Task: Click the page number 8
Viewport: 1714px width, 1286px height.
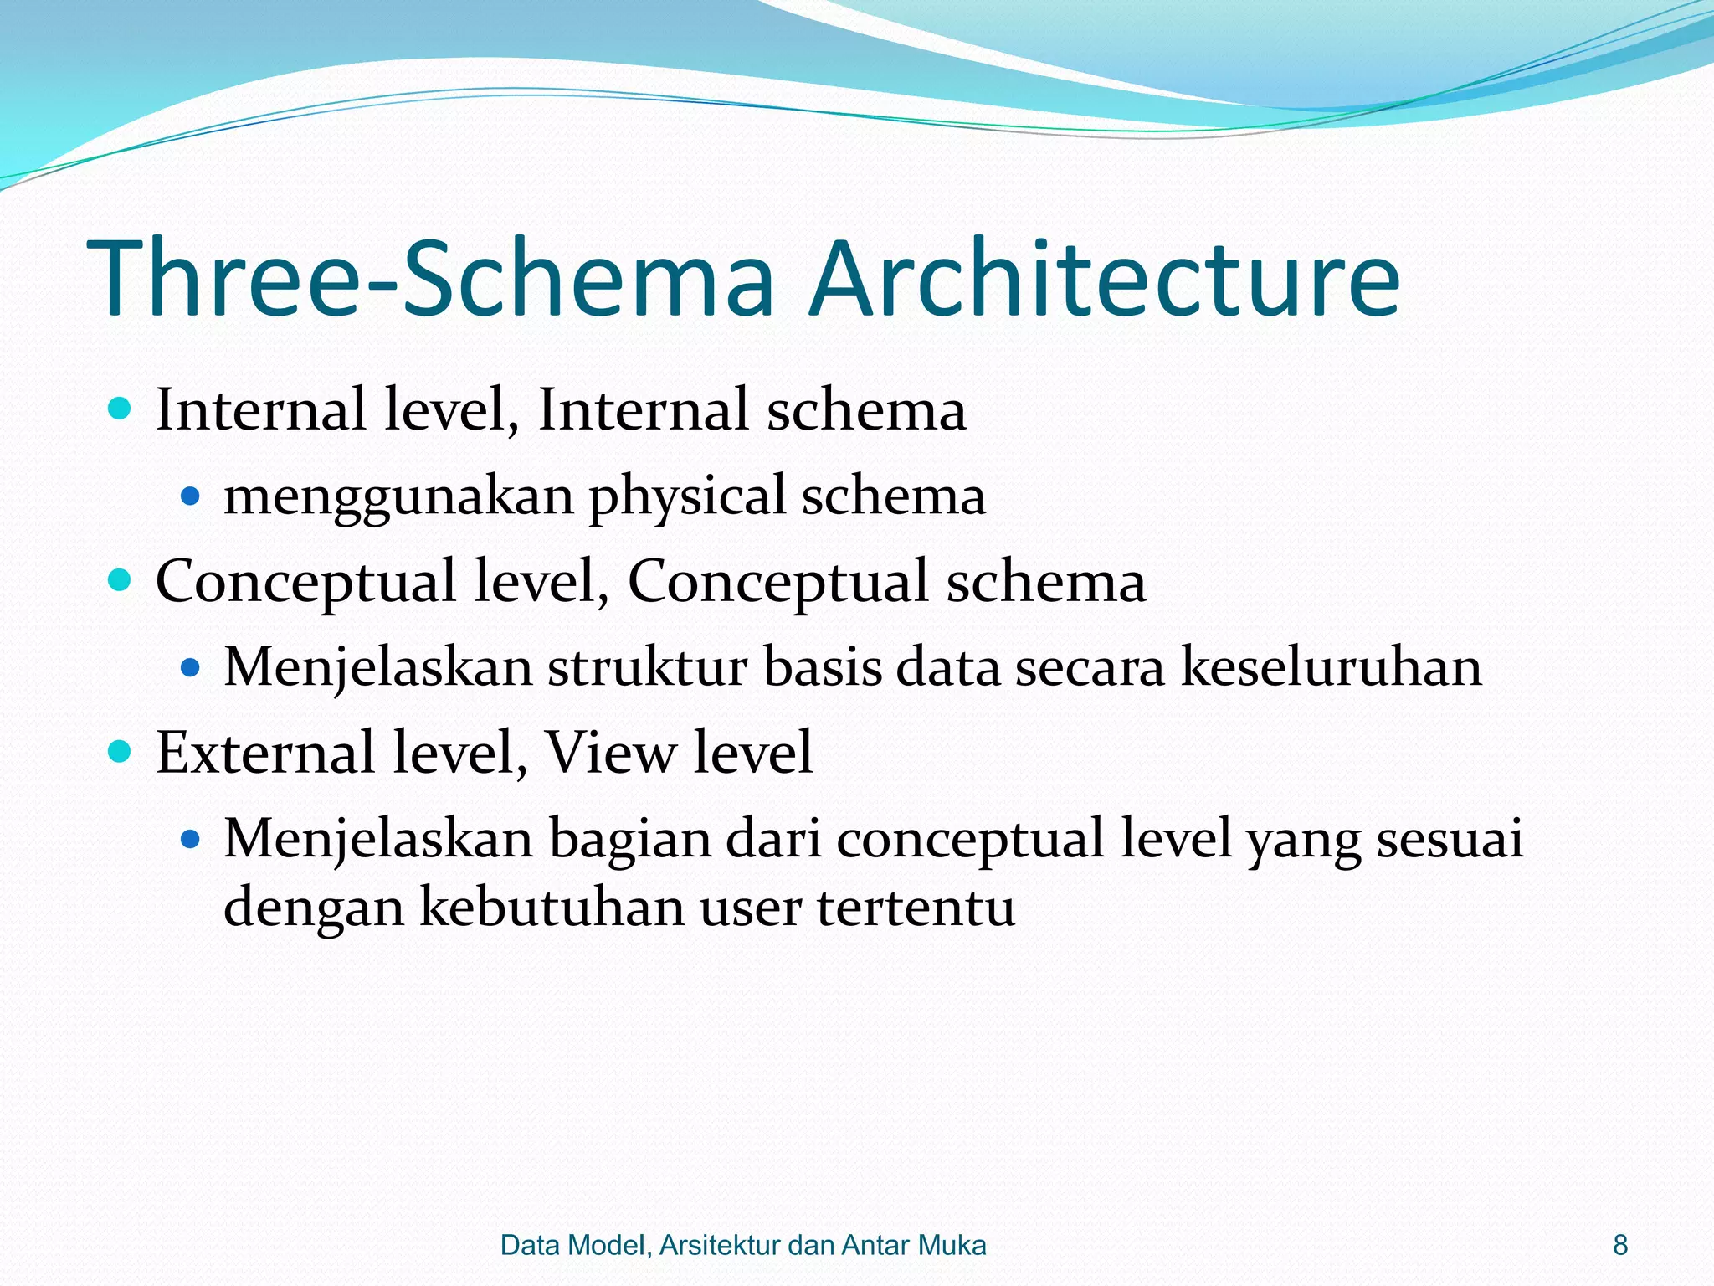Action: pyautogui.click(x=1620, y=1245)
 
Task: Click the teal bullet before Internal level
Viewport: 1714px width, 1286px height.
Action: pyautogui.click(x=121, y=409)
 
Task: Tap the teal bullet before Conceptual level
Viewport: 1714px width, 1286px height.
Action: pyautogui.click(x=121, y=580)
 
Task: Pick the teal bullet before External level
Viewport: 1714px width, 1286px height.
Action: pyautogui.click(x=121, y=751)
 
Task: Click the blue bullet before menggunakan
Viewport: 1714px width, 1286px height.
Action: pyautogui.click(x=191, y=497)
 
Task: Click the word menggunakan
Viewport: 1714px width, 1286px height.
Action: pyautogui.click(x=398, y=497)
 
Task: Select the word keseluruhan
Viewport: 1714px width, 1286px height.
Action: pyautogui.click(x=1331, y=668)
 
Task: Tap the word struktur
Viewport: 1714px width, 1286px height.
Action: pyautogui.click(x=647, y=668)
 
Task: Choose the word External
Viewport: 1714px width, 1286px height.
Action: pyautogui.click(x=265, y=751)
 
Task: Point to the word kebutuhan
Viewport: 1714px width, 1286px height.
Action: pyautogui.click(x=552, y=907)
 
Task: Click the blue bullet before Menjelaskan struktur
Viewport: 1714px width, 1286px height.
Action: pyautogui.click(x=191, y=668)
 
